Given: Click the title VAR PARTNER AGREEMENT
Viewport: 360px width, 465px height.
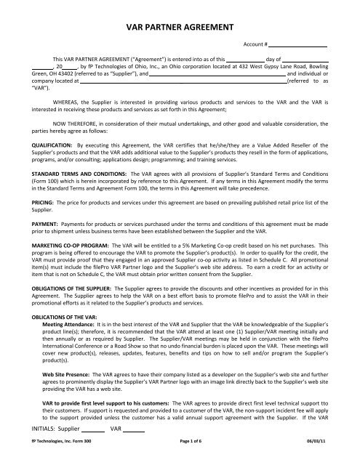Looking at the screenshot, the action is click(180, 28).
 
